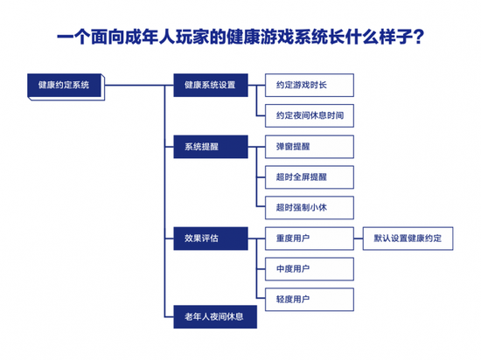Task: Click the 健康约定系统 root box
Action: point(66,87)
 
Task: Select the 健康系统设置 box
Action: point(211,85)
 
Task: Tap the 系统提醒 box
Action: point(211,147)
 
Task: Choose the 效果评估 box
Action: point(211,239)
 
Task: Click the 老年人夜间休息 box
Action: point(215,317)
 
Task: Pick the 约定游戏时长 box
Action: point(310,85)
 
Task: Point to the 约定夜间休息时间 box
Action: point(310,115)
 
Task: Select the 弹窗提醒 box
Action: point(310,147)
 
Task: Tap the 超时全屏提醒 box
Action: point(310,177)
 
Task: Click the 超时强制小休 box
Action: point(310,208)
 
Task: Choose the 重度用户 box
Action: point(310,239)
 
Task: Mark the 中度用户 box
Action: point(310,269)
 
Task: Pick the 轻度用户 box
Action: point(310,300)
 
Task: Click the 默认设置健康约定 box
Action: point(408,239)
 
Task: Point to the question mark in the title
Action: point(417,37)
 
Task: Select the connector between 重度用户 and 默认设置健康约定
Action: point(359,239)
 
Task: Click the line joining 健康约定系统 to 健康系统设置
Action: point(139,85)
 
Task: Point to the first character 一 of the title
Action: point(66,37)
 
